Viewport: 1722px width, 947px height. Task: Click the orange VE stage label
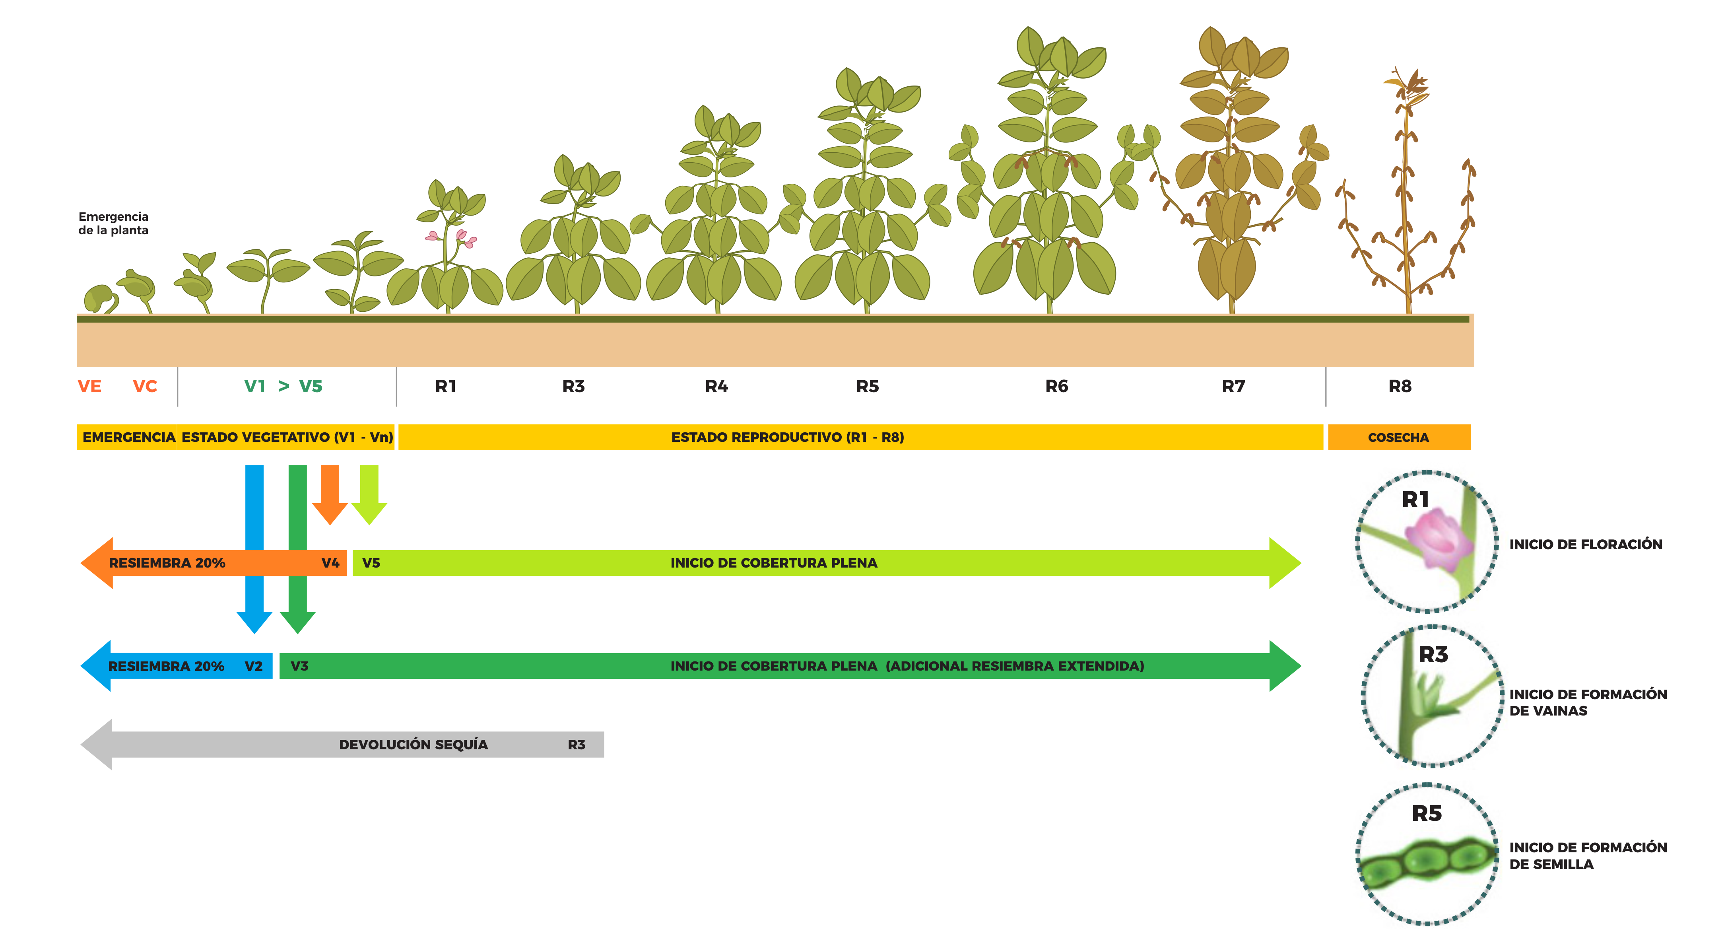pos(89,387)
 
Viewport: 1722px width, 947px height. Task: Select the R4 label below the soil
pos(716,387)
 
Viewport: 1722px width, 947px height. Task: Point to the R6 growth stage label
pos(1056,387)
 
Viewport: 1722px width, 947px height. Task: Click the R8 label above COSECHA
pos(1400,387)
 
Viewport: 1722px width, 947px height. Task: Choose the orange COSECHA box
pos(1398,438)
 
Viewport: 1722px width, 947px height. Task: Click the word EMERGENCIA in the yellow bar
pos(129,438)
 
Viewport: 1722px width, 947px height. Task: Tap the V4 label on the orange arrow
pos(330,563)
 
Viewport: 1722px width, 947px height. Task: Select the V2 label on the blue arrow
pos(253,666)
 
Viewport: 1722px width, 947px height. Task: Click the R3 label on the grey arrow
pos(576,745)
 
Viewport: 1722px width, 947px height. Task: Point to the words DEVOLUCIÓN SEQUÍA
pos(413,745)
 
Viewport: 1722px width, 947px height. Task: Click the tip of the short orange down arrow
pos(330,524)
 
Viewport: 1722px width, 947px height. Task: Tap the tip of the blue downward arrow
pos(254,633)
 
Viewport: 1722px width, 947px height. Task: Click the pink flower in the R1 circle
pos(1439,539)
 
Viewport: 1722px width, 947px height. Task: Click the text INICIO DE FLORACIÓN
pos(1586,544)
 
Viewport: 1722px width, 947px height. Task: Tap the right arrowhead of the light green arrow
pos(1285,563)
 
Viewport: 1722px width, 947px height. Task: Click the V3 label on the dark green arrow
pos(299,666)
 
